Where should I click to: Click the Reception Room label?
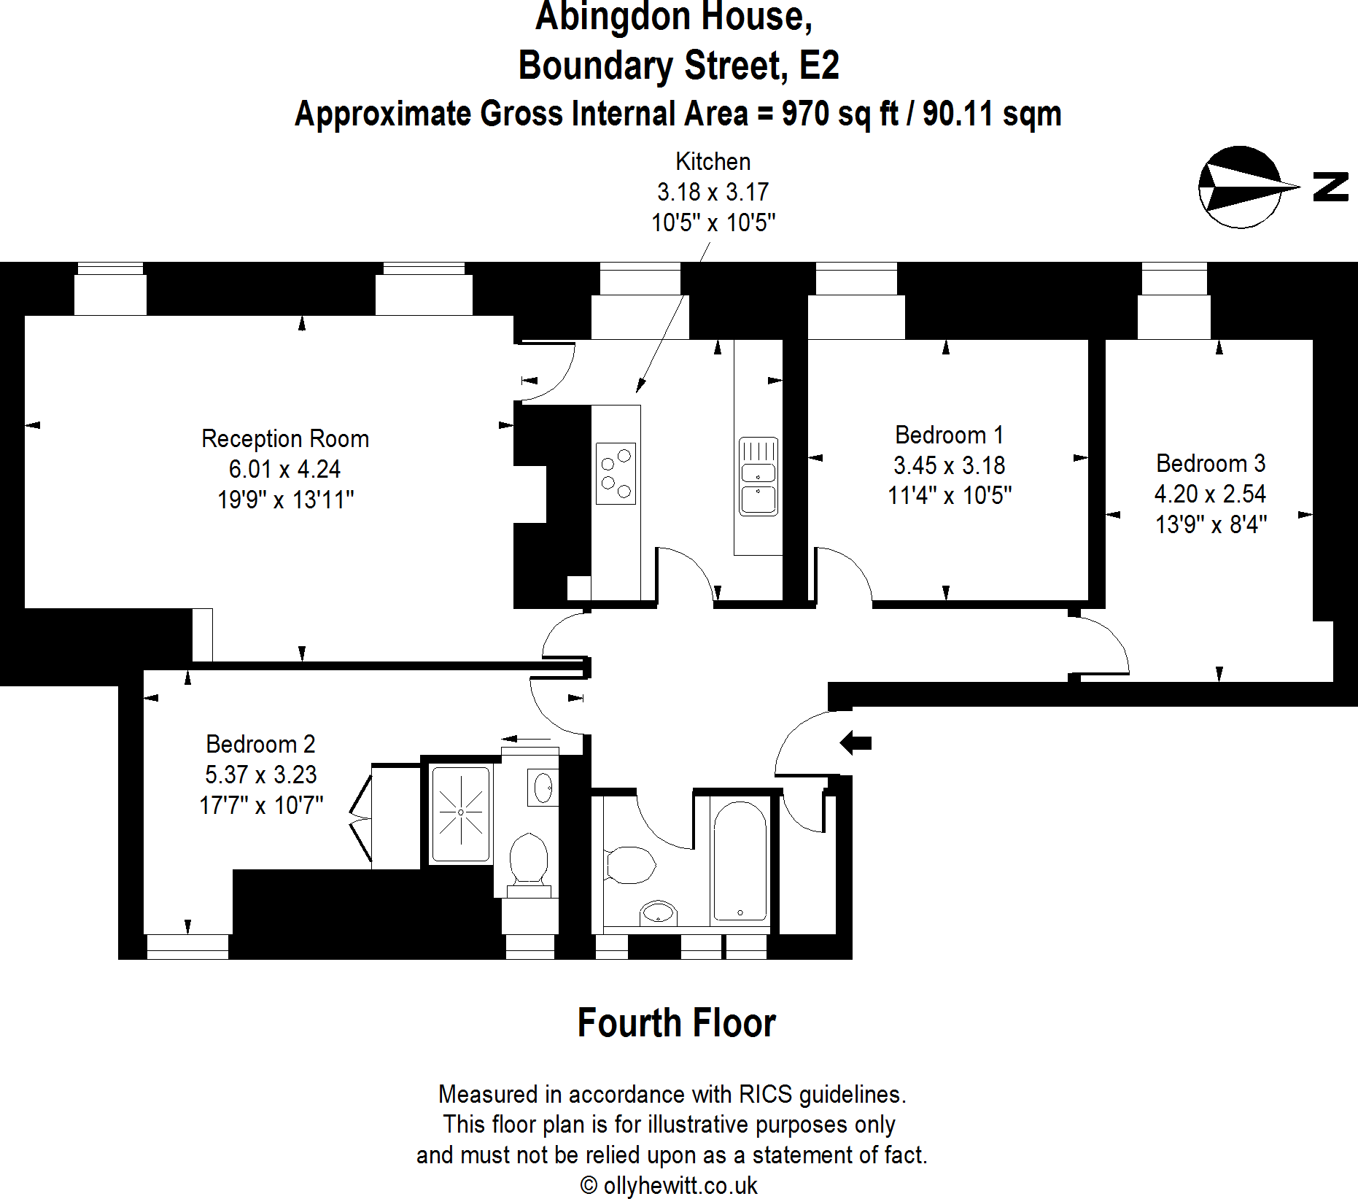point(285,438)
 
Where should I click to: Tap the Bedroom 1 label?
point(949,435)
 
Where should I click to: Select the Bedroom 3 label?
point(1210,463)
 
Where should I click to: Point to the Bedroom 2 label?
point(260,744)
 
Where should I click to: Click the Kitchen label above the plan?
point(713,161)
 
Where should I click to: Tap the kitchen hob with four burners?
point(616,473)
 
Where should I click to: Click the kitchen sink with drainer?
point(758,476)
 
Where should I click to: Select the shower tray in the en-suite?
point(460,813)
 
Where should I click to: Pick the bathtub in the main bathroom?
point(740,861)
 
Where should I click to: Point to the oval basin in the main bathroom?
point(658,912)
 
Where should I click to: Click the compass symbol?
point(1240,187)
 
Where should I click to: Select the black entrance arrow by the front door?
point(855,743)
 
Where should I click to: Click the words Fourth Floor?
point(676,1023)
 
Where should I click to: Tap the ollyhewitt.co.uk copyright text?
point(669,1185)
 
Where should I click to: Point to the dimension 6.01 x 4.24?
point(284,469)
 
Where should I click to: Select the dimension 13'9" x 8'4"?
point(1211,524)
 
